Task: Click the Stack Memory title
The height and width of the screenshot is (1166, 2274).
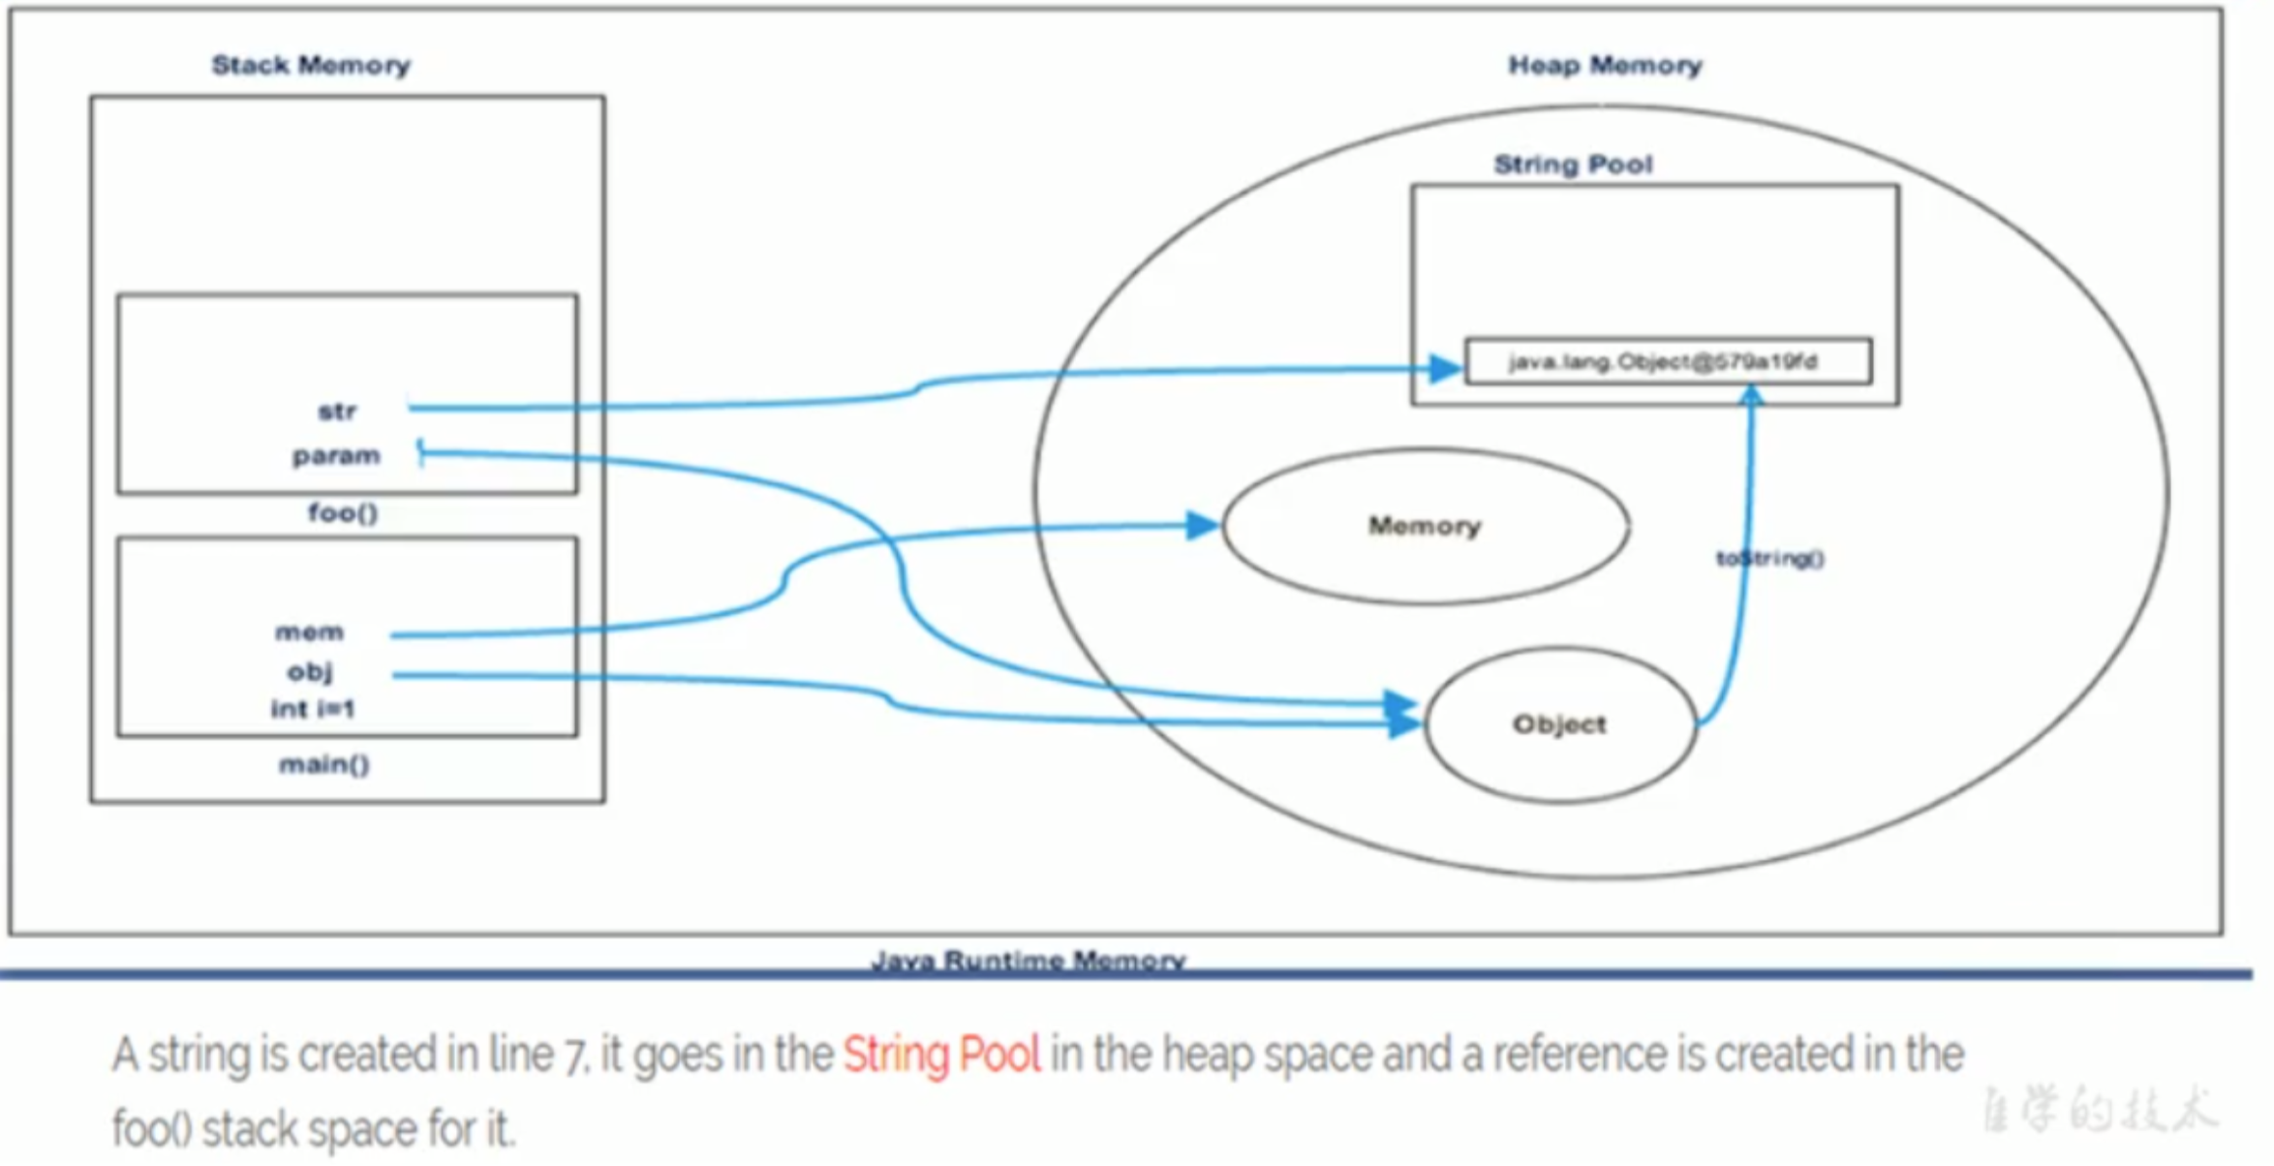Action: click(x=311, y=65)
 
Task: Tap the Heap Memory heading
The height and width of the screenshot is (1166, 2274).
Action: click(x=1604, y=65)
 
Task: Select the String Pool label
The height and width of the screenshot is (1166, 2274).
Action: click(x=1573, y=165)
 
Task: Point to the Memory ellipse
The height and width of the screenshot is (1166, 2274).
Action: click(x=1425, y=526)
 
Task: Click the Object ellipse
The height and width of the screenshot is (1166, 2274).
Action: click(x=1559, y=724)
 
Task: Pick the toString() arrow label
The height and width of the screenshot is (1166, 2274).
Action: click(x=1770, y=559)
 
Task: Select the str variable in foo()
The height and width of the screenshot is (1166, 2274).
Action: click(x=337, y=412)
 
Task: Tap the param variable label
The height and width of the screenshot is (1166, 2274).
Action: click(x=336, y=455)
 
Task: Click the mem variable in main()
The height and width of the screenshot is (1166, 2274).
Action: click(x=309, y=632)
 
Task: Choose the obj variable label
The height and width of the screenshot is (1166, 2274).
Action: click(x=310, y=671)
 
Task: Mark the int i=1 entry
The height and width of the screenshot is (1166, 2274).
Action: click(x=313, y=709)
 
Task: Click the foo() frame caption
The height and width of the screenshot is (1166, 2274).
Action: click(x=343, y=512)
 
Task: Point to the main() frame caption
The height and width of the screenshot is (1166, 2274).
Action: click(x=324, y=765)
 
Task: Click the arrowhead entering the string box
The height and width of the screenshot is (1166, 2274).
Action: click(x=1446, y=368)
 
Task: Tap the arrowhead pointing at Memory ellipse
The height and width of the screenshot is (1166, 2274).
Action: click(x=1202, y=525)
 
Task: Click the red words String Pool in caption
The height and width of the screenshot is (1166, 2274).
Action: click(x=941, y=1055)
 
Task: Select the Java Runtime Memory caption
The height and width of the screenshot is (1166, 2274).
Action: click(x=1029, y=960)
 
